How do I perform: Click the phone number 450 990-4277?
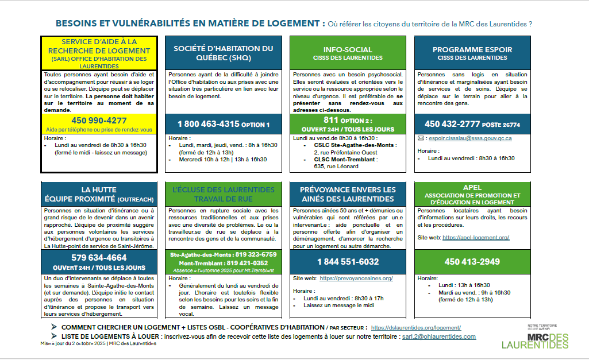coord(99,121)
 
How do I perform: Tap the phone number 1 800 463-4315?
coord(207,124)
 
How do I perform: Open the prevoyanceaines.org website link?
coord(356,278)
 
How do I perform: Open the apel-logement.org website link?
coord(476,237)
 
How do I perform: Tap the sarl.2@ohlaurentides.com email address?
coord(438,336)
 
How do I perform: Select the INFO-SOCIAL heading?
coord(348,50)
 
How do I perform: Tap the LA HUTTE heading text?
coord(99,189)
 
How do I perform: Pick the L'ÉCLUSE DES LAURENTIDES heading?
coord(224,189)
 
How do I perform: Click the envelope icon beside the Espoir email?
coord(421,138)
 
